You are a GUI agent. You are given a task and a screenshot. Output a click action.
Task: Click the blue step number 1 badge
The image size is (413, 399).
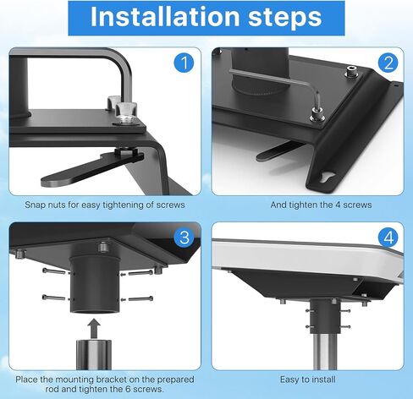point(184,63)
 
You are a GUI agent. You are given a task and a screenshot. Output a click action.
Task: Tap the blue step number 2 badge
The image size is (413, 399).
point(388,63)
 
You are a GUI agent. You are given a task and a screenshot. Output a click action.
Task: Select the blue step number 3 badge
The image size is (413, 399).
point(184,238)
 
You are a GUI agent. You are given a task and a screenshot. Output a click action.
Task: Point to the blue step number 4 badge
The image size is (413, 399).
point(388,238)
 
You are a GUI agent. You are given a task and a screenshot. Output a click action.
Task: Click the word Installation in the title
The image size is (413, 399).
point(165,17)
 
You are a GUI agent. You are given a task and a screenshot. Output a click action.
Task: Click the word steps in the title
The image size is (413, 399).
point(285,19)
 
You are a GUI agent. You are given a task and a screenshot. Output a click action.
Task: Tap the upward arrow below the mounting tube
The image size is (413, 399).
point(94,329)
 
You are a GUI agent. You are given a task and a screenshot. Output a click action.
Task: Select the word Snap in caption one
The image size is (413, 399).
point(34,205)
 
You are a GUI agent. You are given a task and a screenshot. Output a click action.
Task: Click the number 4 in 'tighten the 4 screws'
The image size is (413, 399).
point(339,205)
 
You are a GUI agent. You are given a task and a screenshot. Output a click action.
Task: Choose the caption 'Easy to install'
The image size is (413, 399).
point(308,380)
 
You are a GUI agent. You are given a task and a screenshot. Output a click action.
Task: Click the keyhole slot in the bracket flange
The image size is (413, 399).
point(328,178)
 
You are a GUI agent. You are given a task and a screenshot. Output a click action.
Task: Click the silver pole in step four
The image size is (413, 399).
point(324,352)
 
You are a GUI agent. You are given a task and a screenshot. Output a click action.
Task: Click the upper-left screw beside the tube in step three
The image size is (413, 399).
point(53,271)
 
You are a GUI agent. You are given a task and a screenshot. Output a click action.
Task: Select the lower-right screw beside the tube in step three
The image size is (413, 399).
point(140,298)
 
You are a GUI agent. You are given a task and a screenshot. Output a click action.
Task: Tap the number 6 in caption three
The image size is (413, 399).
point(128,390)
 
